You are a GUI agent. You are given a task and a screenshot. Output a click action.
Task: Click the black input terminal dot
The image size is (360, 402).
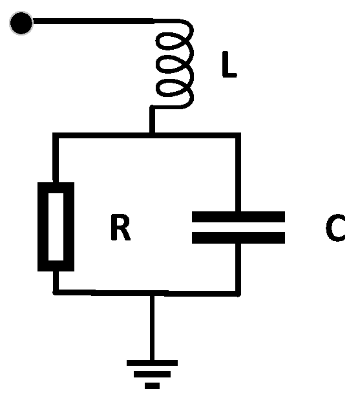click(21, 23)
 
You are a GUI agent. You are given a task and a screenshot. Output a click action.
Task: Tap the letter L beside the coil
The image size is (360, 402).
click(229, 67)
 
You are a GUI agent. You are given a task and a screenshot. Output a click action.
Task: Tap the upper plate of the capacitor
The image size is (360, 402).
click(237, 217)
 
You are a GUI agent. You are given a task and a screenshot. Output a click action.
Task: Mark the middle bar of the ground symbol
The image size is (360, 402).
click(152, 374)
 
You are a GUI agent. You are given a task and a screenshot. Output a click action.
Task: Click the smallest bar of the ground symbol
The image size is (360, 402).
click(152, 385)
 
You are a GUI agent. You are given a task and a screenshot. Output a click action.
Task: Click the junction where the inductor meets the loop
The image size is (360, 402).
click(152, 134)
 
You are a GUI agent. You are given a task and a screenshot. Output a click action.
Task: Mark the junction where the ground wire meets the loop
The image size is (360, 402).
click(152, 293)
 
